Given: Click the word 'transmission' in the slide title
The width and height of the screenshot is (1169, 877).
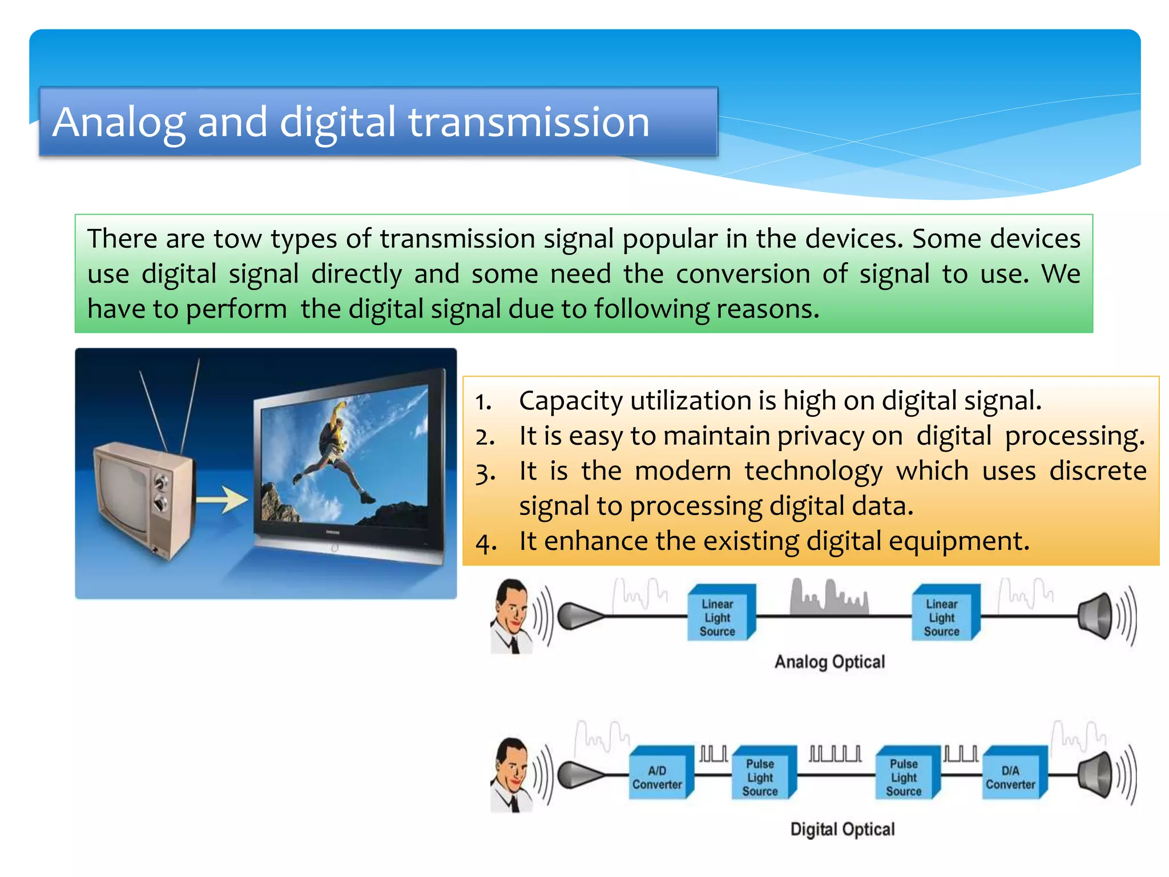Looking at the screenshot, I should (x=529, y=122).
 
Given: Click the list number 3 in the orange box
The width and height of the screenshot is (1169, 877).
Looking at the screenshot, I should (x=485, y=473).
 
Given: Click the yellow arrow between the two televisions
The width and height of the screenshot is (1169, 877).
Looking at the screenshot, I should (x=223, y=500).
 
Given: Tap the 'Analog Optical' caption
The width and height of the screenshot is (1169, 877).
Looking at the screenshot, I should (x=829, y=662).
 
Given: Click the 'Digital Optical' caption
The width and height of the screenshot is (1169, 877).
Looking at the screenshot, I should (x=842, y=829).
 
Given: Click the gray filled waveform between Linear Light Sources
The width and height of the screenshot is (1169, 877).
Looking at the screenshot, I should (x=829, y=599).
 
